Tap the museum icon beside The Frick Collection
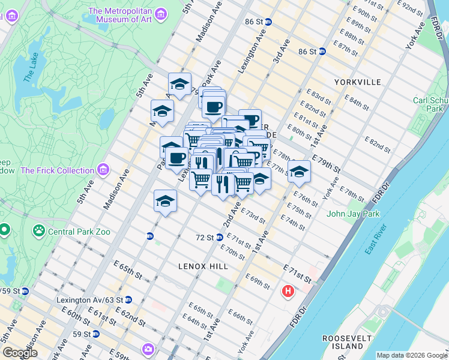coord(106,170)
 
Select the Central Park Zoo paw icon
coord(39,229)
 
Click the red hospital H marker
coord(288,292)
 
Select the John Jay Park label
coord(354,214)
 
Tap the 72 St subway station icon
coord(149,236)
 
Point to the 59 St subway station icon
coord(95,334)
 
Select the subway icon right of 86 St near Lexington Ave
coord(268,22)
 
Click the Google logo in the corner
coord(19,353)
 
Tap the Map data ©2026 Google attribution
coord(411,355)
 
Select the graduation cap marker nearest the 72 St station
coord(165,201)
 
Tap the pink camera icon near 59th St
coord(148,349)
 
